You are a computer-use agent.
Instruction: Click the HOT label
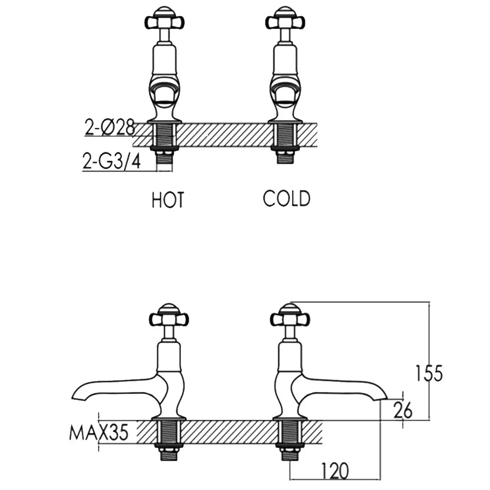tap(168, 200)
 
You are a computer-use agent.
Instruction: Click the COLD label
tap(287, 199)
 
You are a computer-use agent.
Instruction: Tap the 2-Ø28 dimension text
tap(109, 128)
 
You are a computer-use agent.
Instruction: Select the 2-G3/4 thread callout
tap(112, 162)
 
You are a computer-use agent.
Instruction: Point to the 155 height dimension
tap(429, 373)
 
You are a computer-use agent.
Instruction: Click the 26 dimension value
tap(403, 411)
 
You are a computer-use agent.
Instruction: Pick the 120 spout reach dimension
tap(335, 471)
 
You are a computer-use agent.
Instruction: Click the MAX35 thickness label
tap(98, 433)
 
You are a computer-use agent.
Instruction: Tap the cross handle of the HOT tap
tap(165, 21)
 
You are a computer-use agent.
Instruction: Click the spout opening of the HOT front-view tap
tap(164, 91)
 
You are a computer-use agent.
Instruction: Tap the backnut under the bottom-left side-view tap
tap(169, 446)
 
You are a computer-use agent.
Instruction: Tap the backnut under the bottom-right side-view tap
tap(290, 446)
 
